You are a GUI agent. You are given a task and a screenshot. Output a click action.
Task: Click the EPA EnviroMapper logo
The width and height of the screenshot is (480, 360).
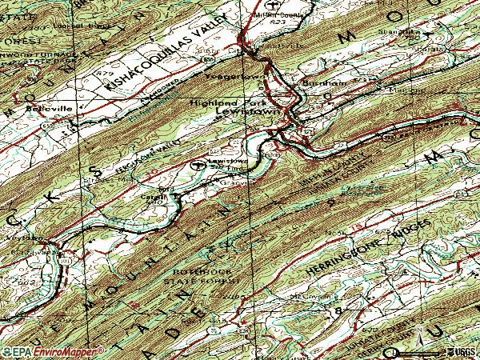53,351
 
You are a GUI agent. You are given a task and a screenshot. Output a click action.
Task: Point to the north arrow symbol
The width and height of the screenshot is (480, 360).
419,333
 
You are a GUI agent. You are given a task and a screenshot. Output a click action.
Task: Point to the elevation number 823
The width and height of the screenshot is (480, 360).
277,22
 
